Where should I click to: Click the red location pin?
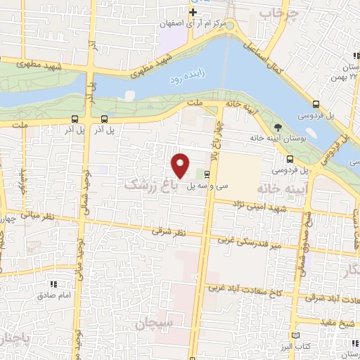181,165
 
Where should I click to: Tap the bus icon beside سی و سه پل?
207,173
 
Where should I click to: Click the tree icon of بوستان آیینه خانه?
278,127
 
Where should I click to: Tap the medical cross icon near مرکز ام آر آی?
193,12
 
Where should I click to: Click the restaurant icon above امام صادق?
53,284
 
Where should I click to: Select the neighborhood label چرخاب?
274,13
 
